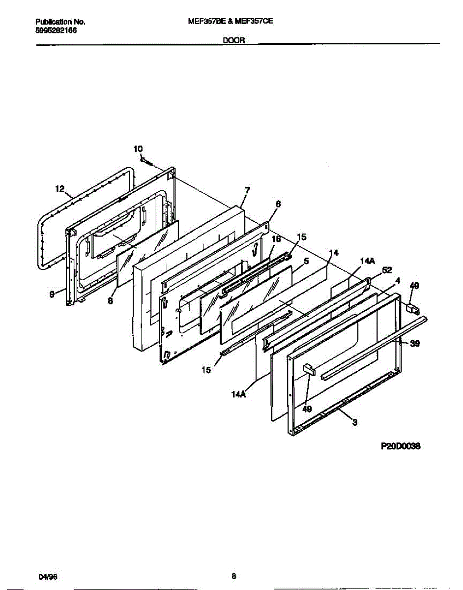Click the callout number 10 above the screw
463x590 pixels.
[138, 148]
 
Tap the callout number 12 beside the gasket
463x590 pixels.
[60, 188]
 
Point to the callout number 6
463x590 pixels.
[278, 204]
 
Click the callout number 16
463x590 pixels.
[276, 239]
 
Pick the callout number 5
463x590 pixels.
[306, 262]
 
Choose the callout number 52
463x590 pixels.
[387, 269]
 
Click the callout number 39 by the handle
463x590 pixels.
[415, 344]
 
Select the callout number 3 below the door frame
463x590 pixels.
[355, 421]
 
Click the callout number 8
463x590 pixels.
[110, 301]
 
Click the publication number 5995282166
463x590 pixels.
[56, 30]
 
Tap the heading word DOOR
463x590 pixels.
[234, 42]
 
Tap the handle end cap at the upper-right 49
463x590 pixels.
[412, 309]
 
